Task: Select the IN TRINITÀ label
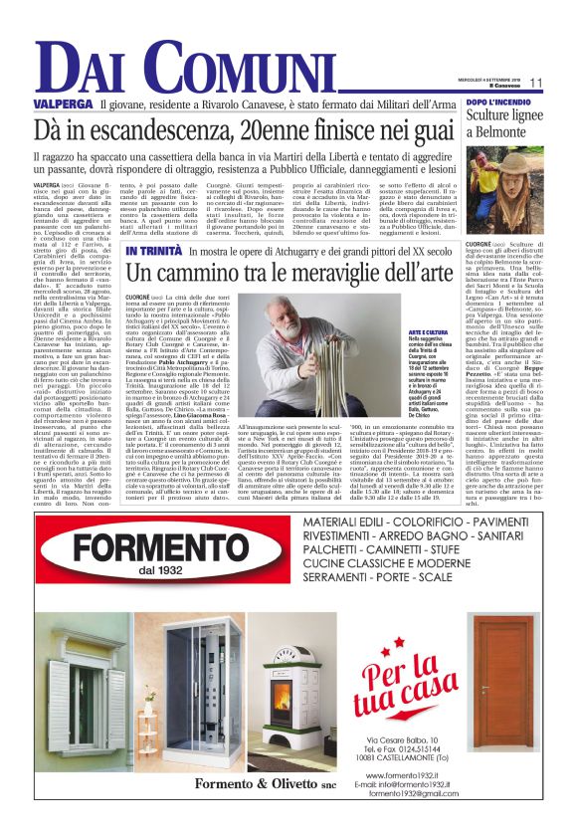pyautogui.click(x=153, y=250)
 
